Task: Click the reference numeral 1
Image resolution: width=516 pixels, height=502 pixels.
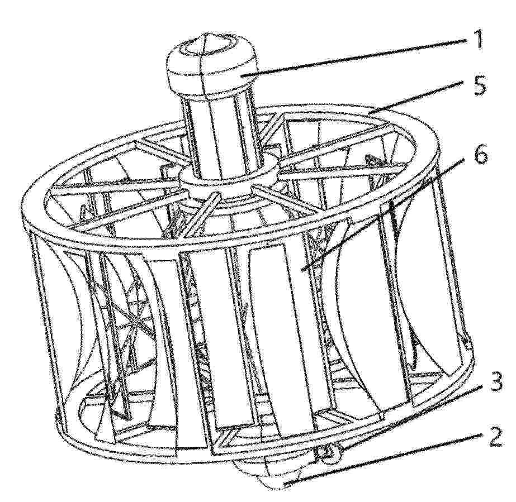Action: point(475,38)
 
